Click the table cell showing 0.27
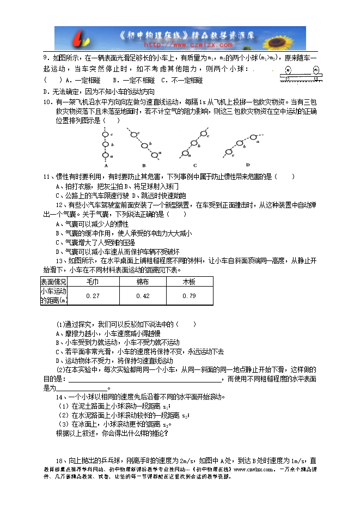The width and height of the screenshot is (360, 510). coord(93,296)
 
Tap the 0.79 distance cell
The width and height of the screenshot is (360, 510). coord(189,296)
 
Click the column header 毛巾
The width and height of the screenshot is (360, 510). coord(93,282)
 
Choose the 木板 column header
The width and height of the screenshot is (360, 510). coord(189,282)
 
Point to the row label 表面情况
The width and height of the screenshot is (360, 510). coord(54,282)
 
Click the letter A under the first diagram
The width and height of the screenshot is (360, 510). coord(106,165)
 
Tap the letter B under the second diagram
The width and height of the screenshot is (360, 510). coord(143,165)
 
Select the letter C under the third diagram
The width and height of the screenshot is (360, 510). coord(194,165)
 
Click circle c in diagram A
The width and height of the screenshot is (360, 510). coord(106,135)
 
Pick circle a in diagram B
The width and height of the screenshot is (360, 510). coord(155,154)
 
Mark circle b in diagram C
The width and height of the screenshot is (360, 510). coord(194,143)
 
